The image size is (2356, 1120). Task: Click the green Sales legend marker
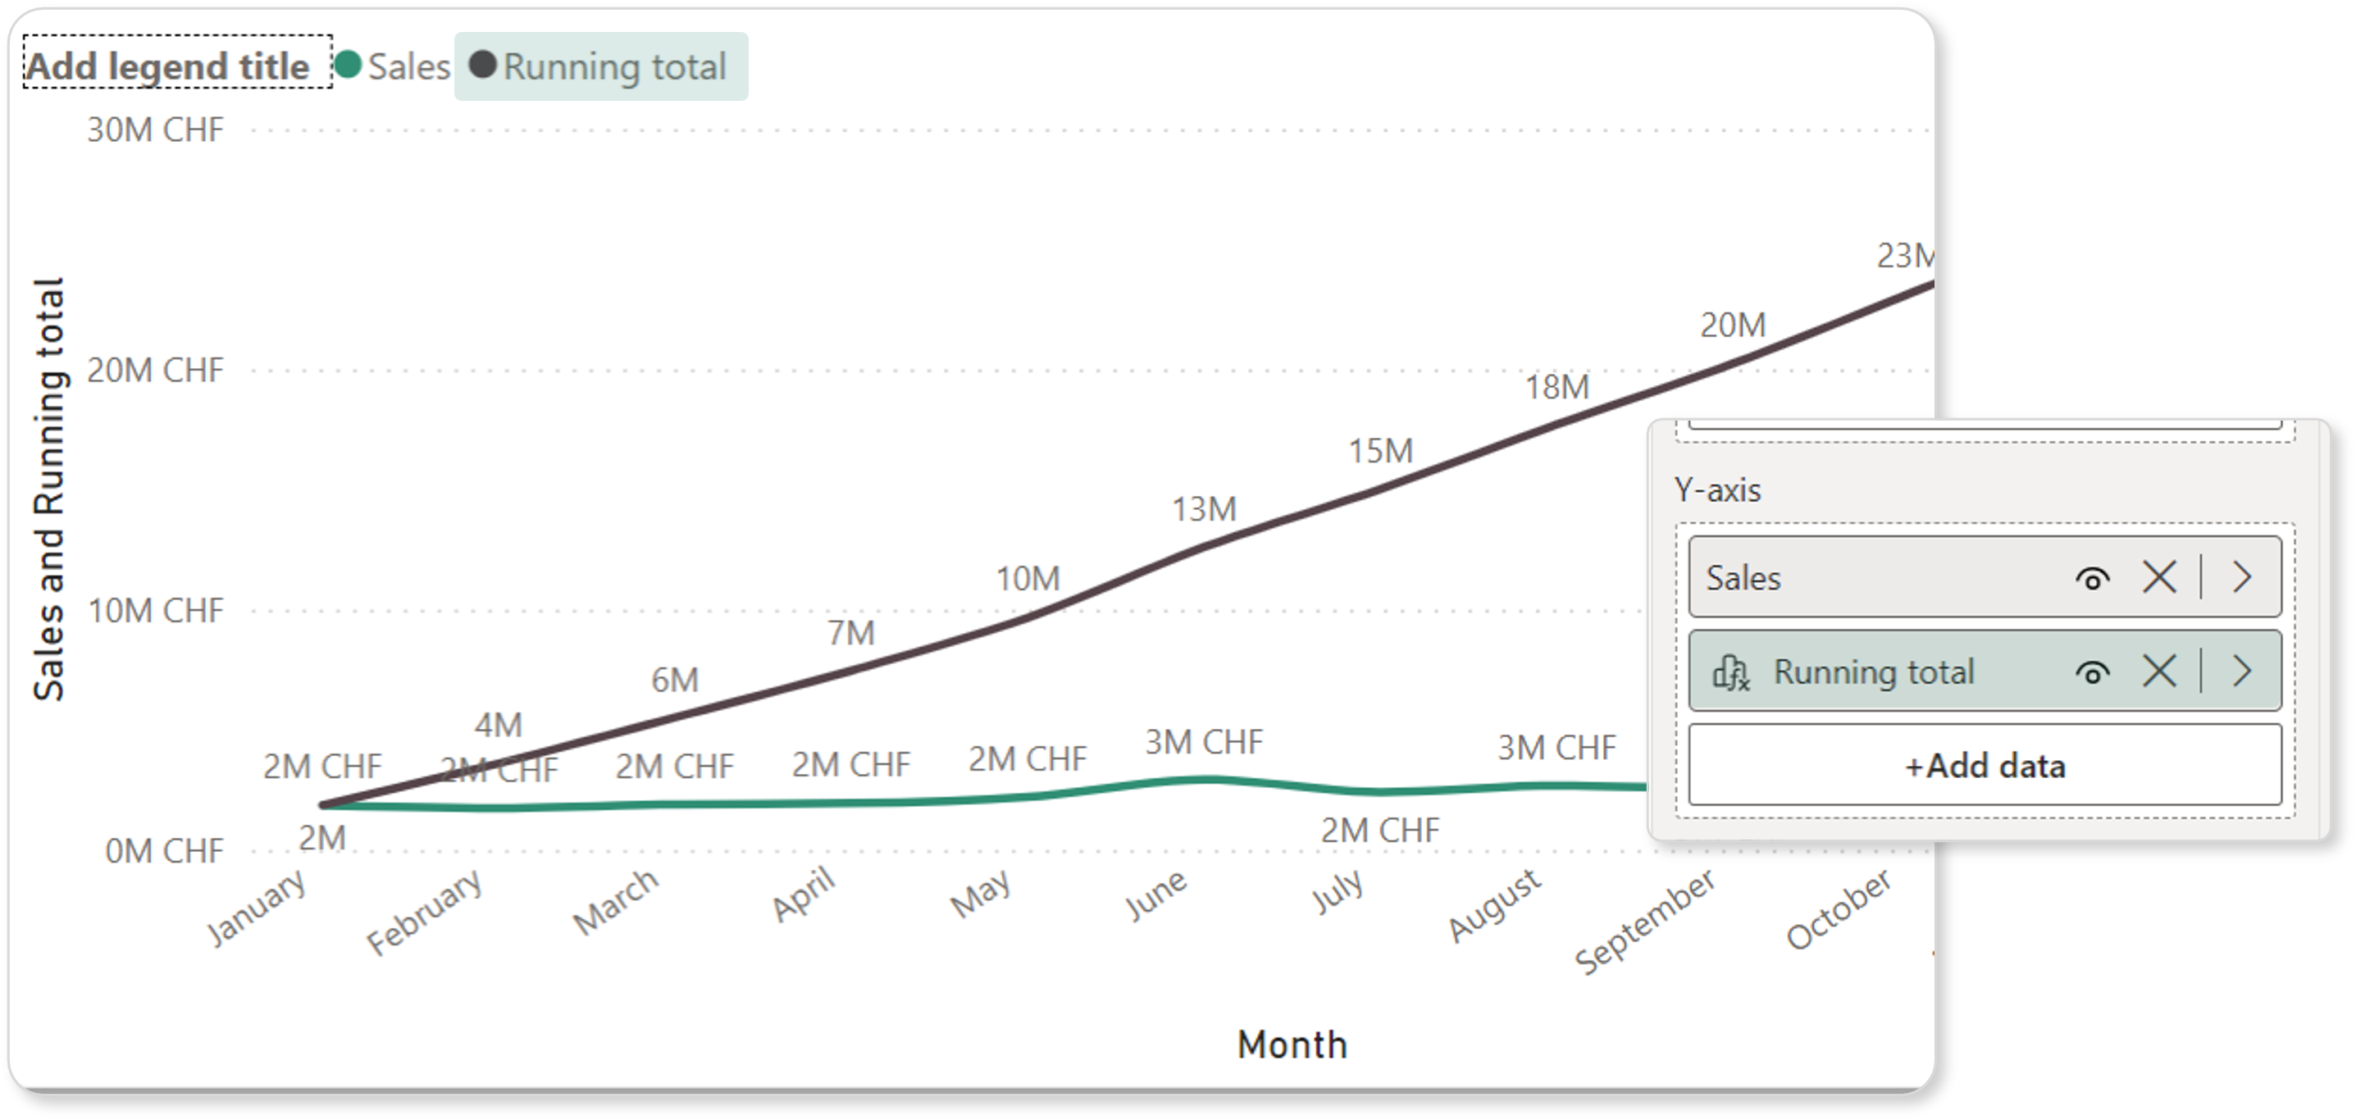click(348, 65)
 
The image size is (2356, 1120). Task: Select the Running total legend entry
click(601, 66)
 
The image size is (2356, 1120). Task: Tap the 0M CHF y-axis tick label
click(164, 851)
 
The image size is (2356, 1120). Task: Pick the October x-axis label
click(1839, 910)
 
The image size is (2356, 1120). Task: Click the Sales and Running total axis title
click(49, 490)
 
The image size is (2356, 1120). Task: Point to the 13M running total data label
click(1204, 509)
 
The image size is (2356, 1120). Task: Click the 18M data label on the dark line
click(1556, 387)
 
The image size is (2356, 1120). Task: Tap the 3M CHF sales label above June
click(1204, 742)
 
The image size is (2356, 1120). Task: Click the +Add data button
click(1985, 765)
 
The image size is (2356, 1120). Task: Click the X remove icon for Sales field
click(2159, 577)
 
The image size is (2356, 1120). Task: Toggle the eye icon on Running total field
click(2093, 673)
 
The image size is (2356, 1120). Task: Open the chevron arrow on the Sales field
click(2242, 577)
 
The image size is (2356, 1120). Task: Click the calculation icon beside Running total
click(1730, 673)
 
